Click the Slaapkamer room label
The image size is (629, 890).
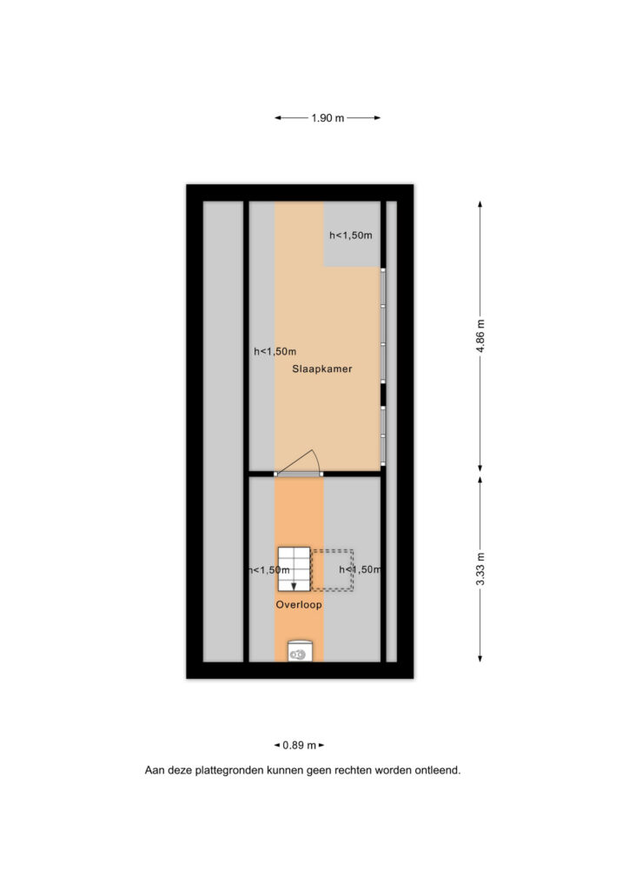[321, 369]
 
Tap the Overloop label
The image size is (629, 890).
[299, 605]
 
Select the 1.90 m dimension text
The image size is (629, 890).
[328, 118]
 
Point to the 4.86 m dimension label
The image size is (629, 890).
[480, 335]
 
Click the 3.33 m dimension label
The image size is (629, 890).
[480, 568]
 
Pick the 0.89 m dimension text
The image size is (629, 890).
[299, 745]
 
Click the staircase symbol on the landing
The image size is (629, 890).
[294, 568]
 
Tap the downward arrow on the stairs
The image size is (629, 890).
[294, 585]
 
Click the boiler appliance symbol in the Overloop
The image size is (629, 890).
[299, 652]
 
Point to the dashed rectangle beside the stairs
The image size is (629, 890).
[333, 570]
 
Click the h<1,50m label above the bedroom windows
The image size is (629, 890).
[351, 235]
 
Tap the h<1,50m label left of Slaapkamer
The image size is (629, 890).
[275, 352]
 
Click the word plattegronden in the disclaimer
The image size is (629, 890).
[229, 771]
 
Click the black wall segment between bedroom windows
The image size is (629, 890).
[383, 395]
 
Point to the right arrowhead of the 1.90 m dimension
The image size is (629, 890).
[376, 118]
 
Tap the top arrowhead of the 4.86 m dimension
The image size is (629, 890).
[480, 205]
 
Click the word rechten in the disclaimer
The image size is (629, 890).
[353, 771]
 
